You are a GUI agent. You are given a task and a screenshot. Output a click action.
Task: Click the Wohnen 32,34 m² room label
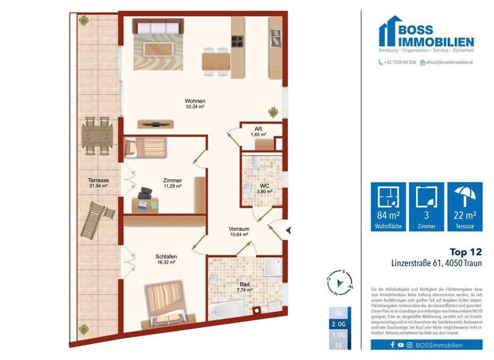coord(195,104)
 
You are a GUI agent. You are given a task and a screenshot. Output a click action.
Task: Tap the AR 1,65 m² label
coord(258,132)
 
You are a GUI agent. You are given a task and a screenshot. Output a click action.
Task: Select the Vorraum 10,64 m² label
coord(239,231)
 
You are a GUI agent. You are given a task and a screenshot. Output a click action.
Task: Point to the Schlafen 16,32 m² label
coord(166,259)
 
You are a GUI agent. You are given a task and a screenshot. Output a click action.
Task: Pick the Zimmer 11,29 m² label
coord(172,183)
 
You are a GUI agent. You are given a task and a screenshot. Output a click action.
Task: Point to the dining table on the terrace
coord(97,136)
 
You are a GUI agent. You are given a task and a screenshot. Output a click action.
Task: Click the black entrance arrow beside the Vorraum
coord(289,229)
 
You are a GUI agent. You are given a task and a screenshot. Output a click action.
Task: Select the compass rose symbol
coord(340,282)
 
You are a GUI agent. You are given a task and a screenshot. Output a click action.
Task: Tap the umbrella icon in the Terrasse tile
coord(466,197)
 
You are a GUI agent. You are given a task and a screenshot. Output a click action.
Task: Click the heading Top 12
coord(464,253)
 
